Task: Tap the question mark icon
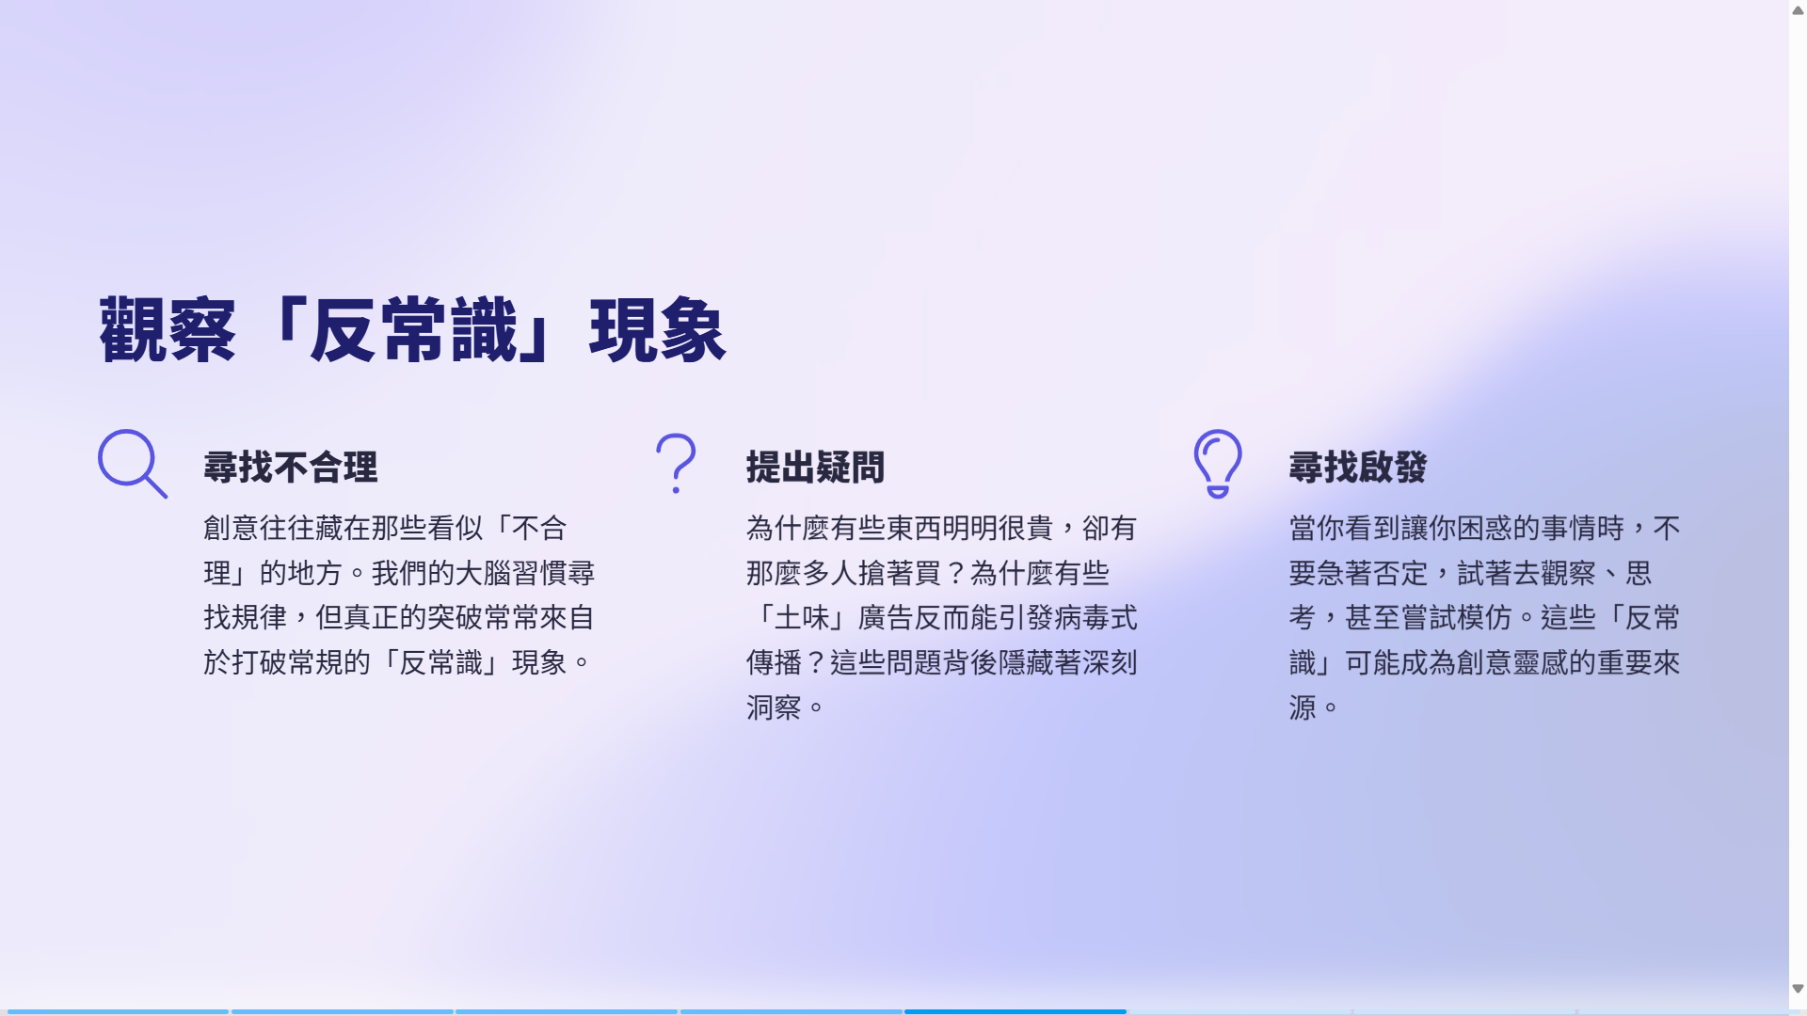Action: pyautogui.click(x=676, y=464)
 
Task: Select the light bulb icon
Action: pyautogui.click(x=1218, y=464)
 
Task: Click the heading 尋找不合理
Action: pyautogui.click(x=291, y=468)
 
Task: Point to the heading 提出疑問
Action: pyautogui.click(x=815, y=468)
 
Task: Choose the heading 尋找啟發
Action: pyautogui.click(x=1358, y=468)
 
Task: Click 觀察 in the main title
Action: pyautogui.click(x=168, y=330)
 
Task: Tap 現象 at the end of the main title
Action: pyautogui.click(x=658, y=330)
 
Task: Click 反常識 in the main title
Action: pyautogui.click(x=413, y=330)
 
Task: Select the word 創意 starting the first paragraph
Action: pyautogui.click(x=232, y=528)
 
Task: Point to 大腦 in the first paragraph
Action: pyautogui.click(x=483, y=573)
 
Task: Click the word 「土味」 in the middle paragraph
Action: pyautogui.click(x=802, y=618)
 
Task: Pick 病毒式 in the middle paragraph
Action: pyautogui.click(x=1096, y=618)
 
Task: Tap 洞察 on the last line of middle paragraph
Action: pyautogui.click(x=774, y=707)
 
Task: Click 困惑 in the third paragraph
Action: pyautogui.click(x=1485, y=528)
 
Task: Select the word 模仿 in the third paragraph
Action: pyautogui.click(x=1485, y=618)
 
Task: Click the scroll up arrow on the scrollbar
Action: pyautogui.click(x=1798, y=10)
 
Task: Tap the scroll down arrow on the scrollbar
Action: pyautogui.click(x=1798, y=989)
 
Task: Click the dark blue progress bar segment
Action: pyautogui.click(x=1015, y=1012)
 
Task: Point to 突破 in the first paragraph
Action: pyautogui.click(x=456, y=618)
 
